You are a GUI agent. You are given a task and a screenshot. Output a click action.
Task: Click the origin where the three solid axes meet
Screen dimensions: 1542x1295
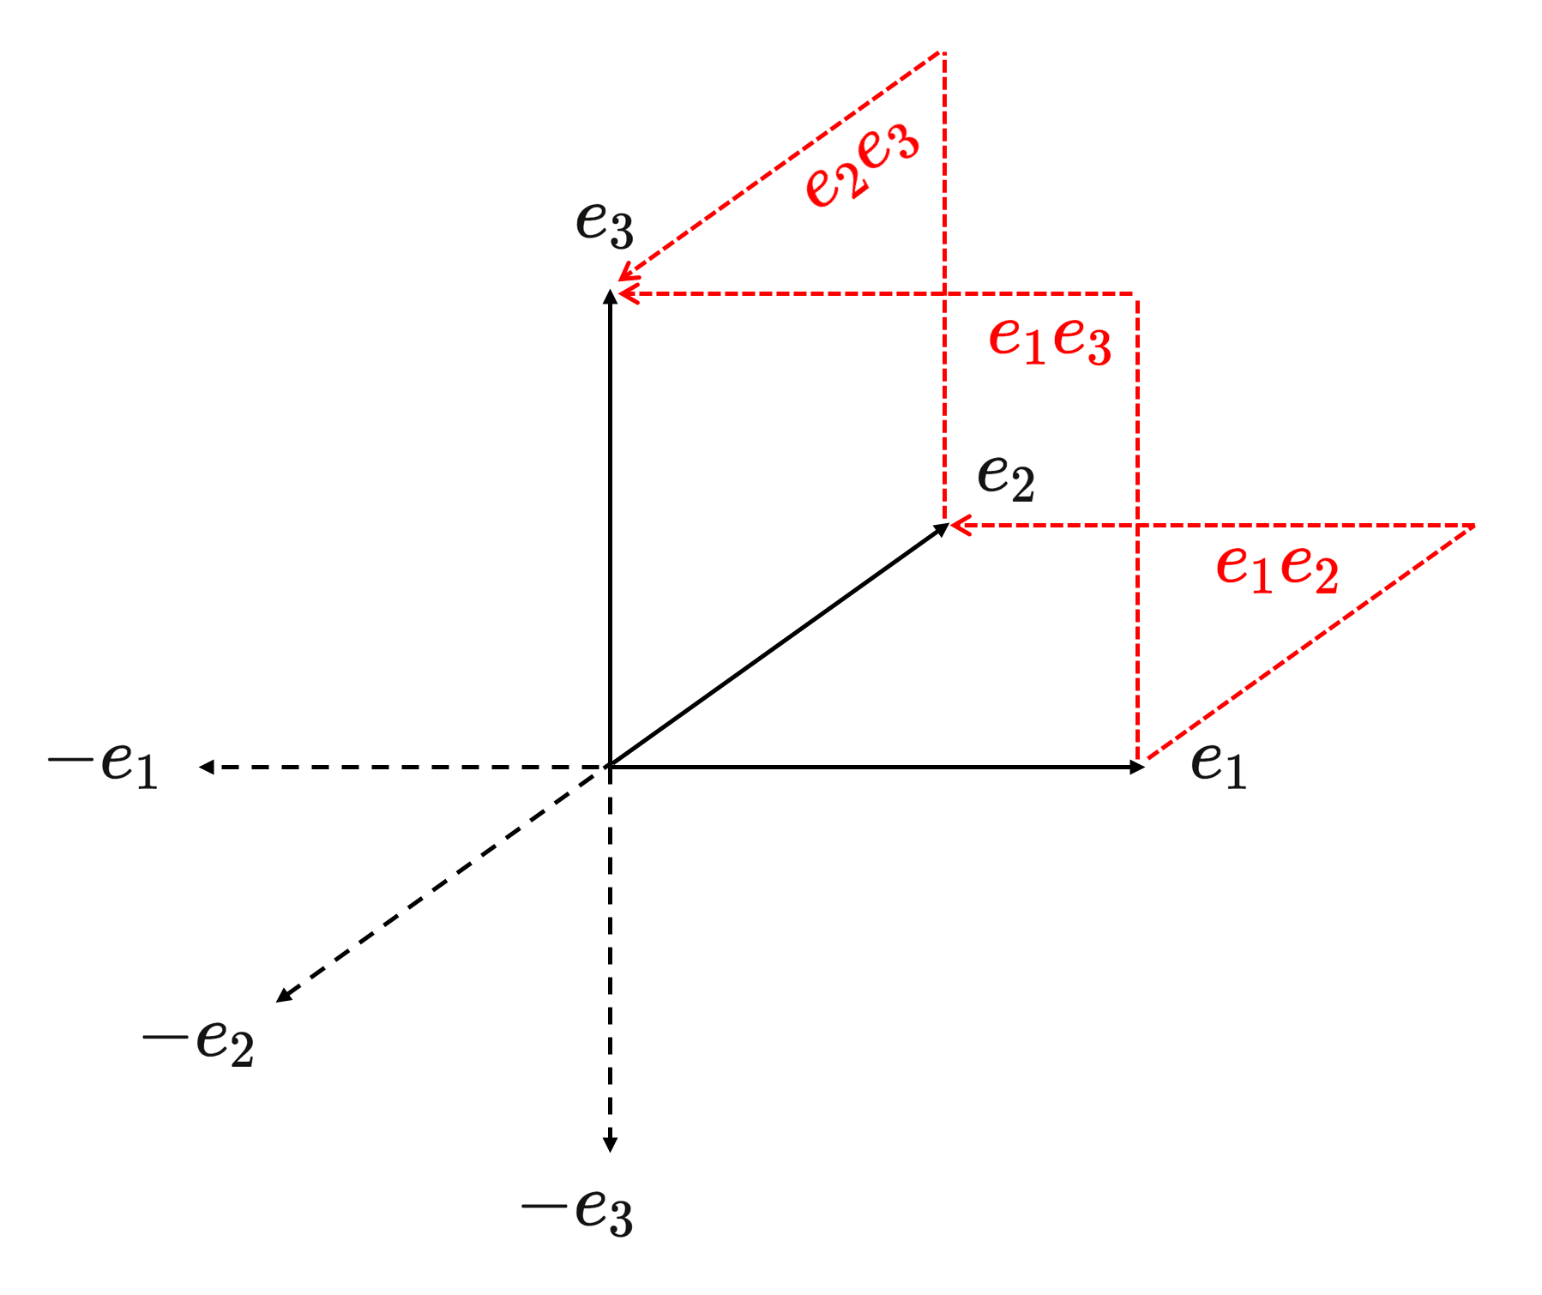pos(609,766)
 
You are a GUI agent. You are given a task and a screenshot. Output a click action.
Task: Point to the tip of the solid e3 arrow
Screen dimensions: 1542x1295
pos(609,290)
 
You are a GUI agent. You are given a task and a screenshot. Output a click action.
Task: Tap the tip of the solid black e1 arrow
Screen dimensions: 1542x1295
pos(1145,767)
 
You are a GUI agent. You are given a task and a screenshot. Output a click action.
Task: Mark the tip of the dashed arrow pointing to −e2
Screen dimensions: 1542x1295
pos(276,1002)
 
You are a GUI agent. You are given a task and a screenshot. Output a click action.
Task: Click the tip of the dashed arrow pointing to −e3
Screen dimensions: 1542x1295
pos(610,1152)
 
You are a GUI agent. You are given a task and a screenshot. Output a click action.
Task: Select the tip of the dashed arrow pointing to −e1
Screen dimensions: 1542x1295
pos(198,767)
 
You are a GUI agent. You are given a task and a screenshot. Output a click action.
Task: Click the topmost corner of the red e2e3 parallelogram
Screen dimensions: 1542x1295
pos(943,52)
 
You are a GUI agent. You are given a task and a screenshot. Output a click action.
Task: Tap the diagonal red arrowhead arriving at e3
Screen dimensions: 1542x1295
pos(628,272)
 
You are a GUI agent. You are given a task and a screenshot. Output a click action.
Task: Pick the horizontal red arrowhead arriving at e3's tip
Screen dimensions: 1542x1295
pos(628,294)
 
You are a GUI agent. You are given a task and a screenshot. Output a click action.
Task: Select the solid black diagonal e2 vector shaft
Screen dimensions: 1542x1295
pos(777,646)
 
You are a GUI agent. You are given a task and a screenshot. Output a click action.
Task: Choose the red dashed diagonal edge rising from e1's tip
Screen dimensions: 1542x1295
pos(1306,643)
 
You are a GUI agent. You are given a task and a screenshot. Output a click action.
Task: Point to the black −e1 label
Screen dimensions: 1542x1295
pos(104,762)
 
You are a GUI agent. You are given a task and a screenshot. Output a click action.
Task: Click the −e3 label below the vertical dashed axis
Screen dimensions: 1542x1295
pos(577,1212)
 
